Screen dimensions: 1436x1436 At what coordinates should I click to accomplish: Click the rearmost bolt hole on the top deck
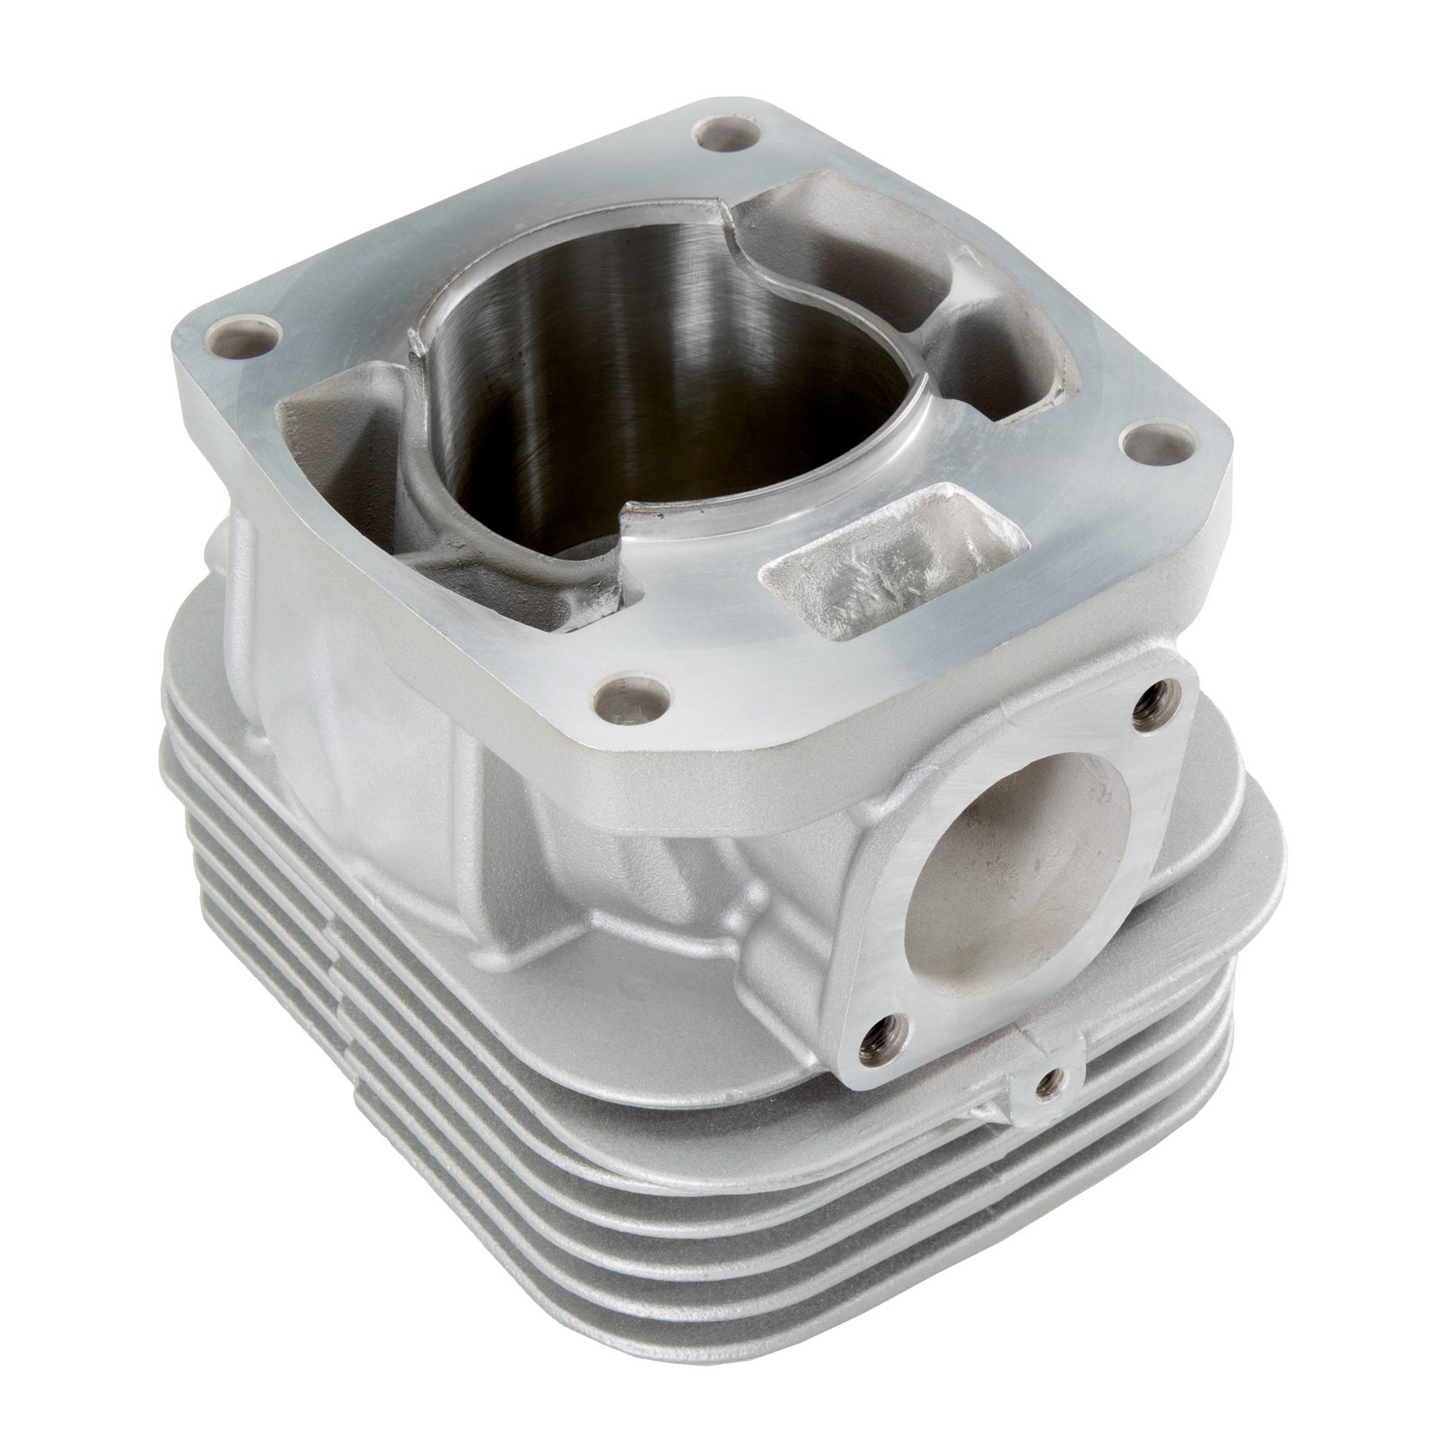click(x=728, y=135)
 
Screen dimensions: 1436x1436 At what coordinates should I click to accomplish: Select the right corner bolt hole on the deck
click(x=1159, y=441)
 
